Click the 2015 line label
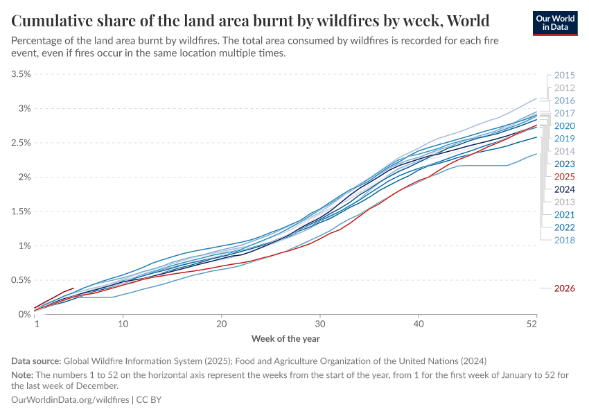(565, 76)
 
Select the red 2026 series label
(565, 288)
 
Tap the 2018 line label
(565, 240)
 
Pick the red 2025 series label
(565, 177)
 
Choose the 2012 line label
(565, 88)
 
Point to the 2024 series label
(565, 189)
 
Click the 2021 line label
(565, 215)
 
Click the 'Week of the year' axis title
(285, 338)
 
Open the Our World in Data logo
(556, 22)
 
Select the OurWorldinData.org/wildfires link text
(71, 400)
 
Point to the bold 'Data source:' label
(36, 361)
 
